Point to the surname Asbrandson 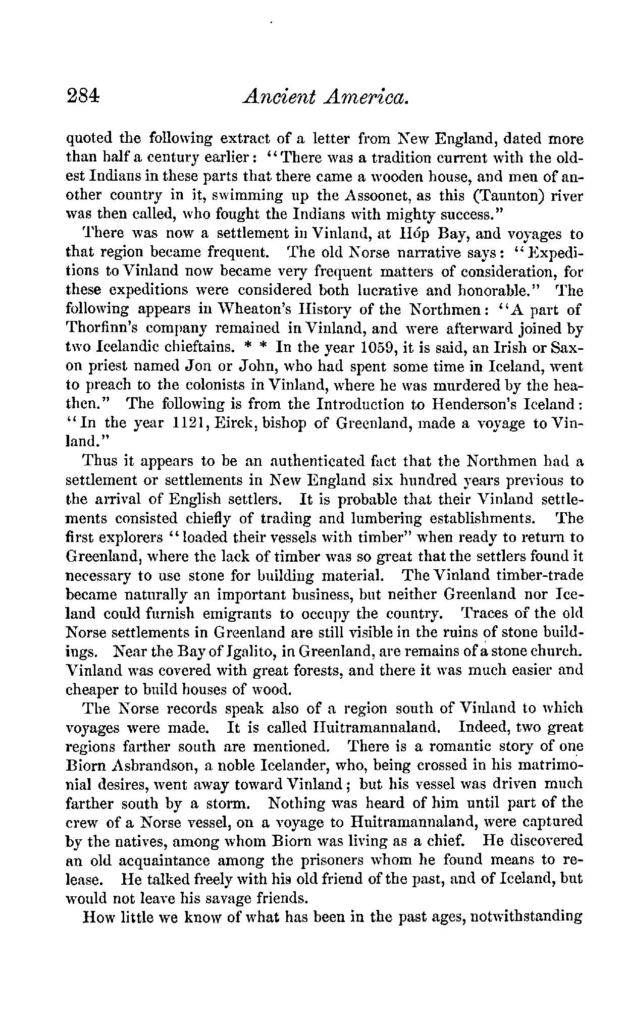coord(146,765)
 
